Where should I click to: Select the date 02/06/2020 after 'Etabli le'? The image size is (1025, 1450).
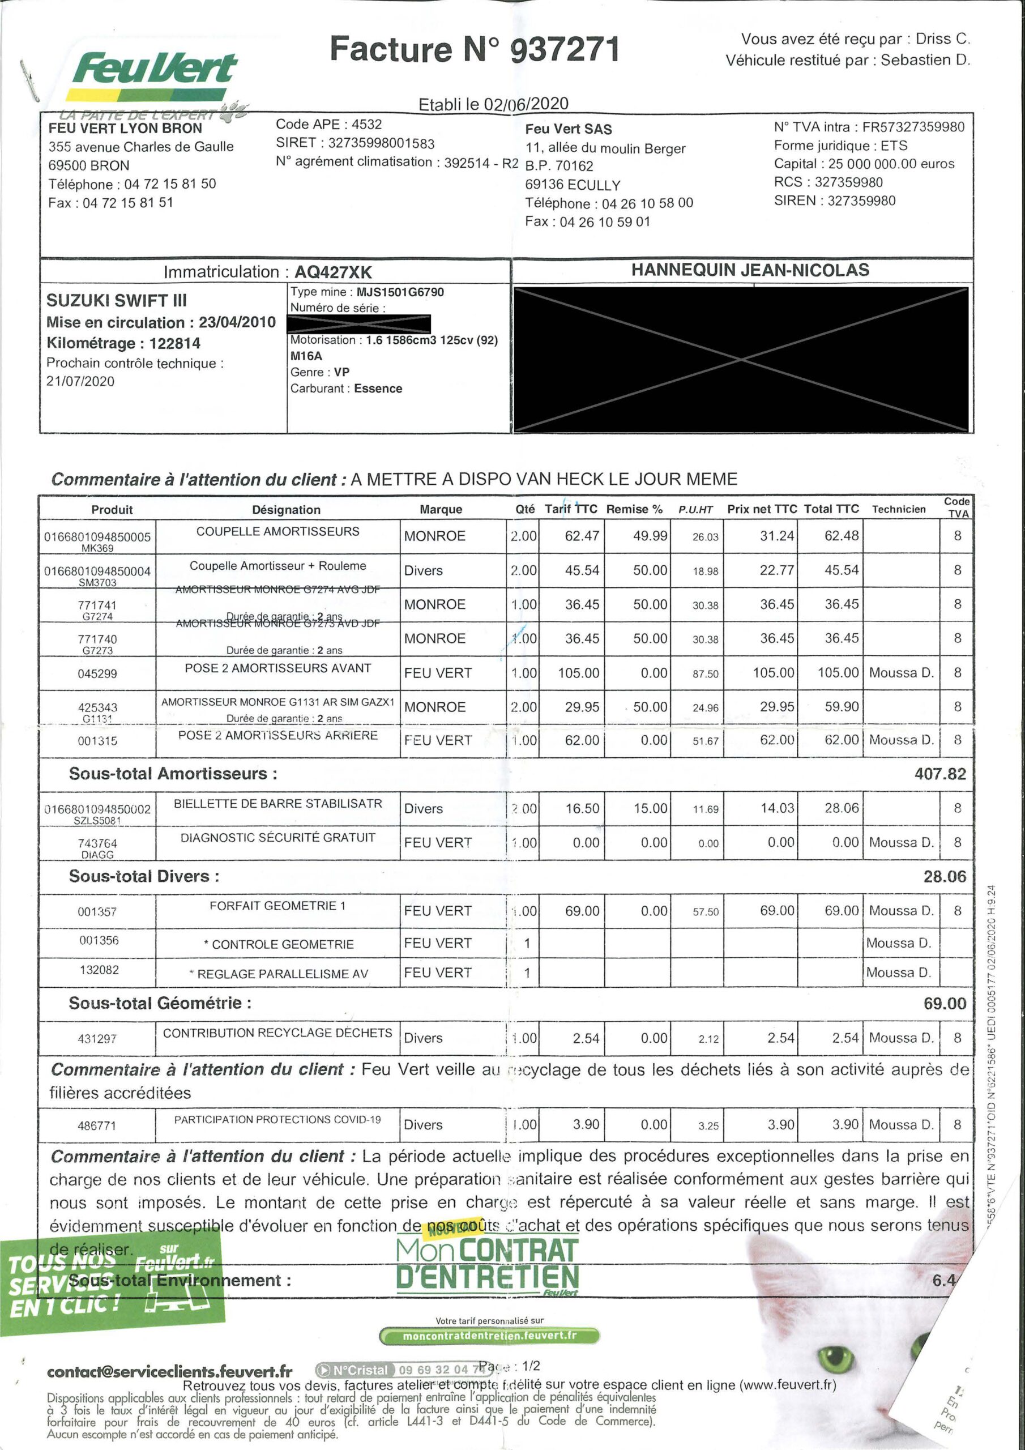point(526,104)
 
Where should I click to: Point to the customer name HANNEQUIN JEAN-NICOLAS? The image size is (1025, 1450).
point(750,270)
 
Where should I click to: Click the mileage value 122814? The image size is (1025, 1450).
point(175,344)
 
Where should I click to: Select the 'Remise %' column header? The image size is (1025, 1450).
point(634,509)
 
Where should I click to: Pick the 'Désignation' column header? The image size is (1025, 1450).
point(286,510)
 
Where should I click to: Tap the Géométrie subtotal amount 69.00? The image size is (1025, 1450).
point(944,1004)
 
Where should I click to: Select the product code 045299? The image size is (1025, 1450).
point(97,674)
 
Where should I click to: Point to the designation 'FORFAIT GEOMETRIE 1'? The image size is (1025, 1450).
point(277,906)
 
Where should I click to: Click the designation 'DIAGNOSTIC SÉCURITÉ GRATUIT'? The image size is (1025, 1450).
point(278,837)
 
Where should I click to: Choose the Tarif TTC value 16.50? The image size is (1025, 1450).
point(582,808)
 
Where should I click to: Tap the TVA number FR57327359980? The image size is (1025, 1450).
point(913,127)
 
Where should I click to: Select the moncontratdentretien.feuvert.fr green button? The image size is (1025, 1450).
point(489,1336)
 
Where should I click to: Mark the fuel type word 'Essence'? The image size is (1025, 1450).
point(378,389)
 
